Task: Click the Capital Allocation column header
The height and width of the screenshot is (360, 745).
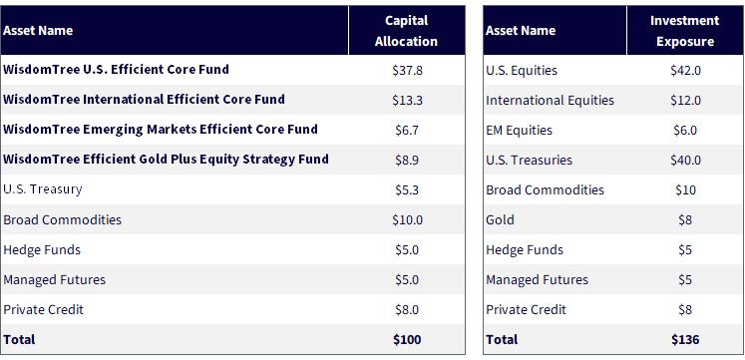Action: point(406,31)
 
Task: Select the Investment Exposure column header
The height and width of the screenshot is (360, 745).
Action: point(684,31)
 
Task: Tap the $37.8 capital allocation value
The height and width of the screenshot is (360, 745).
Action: point(407,71)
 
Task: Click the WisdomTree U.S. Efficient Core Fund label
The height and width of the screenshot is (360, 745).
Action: point(116,70)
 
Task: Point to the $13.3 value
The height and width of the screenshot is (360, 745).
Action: point(407,101)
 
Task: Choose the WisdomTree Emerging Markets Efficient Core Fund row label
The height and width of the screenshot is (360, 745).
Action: point(161,130)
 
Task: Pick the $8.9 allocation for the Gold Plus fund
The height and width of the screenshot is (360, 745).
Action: point(407,161)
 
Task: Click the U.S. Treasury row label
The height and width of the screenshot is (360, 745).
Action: point(43,189)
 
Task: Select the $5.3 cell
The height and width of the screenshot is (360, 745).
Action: point(407,190)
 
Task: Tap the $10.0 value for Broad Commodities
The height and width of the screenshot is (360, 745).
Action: point(407,220)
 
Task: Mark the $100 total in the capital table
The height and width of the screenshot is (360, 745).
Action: point(407,340)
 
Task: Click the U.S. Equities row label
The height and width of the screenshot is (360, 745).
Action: point(522,71)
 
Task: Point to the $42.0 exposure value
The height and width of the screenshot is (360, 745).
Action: point(685,71)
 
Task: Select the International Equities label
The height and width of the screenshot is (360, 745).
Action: point(550,101)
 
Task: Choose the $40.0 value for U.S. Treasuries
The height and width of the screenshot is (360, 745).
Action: point(685,161)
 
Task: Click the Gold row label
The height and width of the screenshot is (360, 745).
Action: point(500,220)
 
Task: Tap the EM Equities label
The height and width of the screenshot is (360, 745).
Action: point(519,131)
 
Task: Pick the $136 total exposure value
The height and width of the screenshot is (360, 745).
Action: point(685,340)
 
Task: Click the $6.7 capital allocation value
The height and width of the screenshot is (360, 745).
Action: point(407,131)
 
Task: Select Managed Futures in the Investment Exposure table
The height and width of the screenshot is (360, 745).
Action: point(537,280)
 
